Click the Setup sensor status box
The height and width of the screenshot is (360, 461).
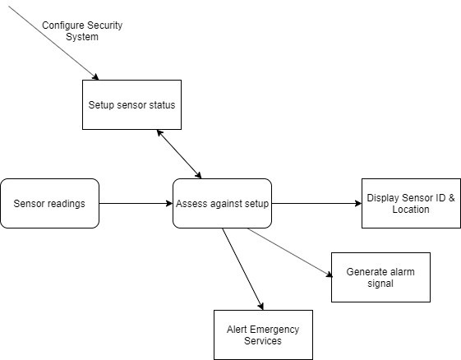tap(131, 104)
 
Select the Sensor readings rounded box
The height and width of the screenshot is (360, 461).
tap(49, 203)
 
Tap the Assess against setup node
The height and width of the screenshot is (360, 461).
tap(222, 203)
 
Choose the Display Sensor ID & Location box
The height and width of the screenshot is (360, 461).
tap(411, 203)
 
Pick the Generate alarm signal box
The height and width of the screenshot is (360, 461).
tap(380, 277)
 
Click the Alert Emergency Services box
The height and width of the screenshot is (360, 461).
tap(263, 335)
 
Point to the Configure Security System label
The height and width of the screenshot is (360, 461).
tap(82, 31)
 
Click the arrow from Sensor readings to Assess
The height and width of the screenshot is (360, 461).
tap(136, 203)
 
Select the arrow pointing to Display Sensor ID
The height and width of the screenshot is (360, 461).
tap(316, 203)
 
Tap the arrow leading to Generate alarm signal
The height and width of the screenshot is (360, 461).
tap(290, 252)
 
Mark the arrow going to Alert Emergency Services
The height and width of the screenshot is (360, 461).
tap(242, 269)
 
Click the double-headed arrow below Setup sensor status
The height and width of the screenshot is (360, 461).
tap(179, 155)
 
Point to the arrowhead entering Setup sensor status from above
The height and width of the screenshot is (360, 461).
tap(95, 77)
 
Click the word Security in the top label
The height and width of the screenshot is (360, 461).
tap(104, 25)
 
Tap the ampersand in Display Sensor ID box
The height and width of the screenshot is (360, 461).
tap(452, 197)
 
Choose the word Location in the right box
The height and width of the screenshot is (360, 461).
tap(411, 210)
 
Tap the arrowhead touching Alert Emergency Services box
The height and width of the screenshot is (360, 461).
tap(260, 307)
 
